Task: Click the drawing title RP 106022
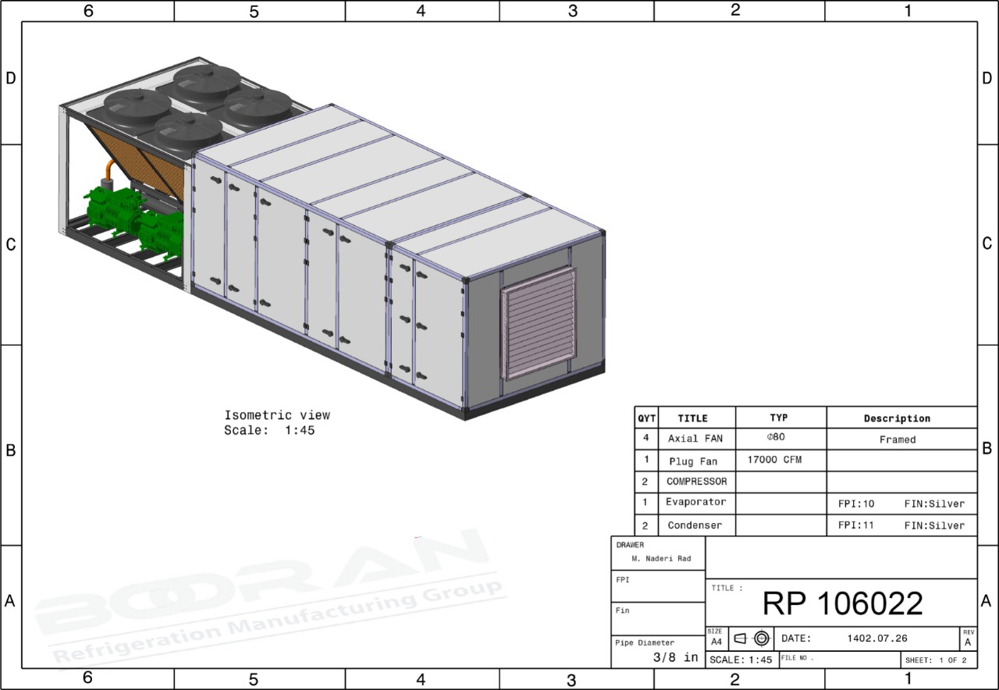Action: pyautogui.click(x=842, y=603)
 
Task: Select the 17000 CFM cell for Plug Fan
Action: pyautogui.click(x=775, y=460)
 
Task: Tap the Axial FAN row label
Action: pyautogui.click(x=695, y=439)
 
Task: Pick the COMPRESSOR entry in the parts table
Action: pyautogui.click(x=697, y=482)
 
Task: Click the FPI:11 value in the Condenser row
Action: pyautogui.click(x=856, y=525)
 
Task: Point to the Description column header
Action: pyautogui.click(x=897, y=418)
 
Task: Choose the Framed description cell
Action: pyautogui.click(x=898, y=439)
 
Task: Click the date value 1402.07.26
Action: pyautogui.click(x=876, y=638)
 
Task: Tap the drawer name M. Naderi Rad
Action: pyautogui.click(x=661, y=558)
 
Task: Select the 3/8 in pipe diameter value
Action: pyautogui.click(x=675, y=657)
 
